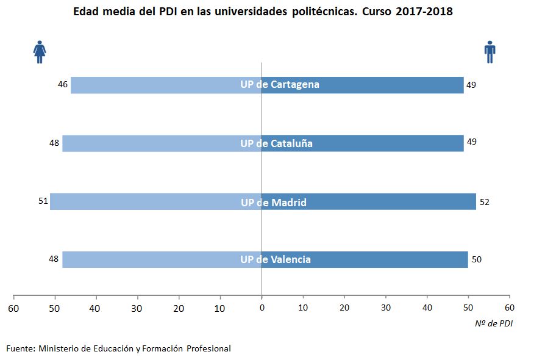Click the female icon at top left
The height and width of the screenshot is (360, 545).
40,52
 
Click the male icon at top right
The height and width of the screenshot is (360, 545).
490,52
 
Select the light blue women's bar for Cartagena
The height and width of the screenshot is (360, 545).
152,85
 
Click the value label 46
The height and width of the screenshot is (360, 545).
63,84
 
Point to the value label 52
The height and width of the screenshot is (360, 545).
485,202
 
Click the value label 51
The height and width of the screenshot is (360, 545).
43,200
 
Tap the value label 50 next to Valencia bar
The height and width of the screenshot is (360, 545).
477,259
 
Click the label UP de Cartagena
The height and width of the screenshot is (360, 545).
280,85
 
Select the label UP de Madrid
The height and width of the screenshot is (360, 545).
274,203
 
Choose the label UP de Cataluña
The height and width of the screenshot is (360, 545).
276,144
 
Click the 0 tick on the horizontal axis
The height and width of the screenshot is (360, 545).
262,308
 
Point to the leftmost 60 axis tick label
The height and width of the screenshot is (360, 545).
13,308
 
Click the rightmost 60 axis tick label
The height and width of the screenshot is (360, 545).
510,308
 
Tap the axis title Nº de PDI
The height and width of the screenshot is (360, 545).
494,323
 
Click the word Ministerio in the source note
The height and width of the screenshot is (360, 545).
61,348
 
